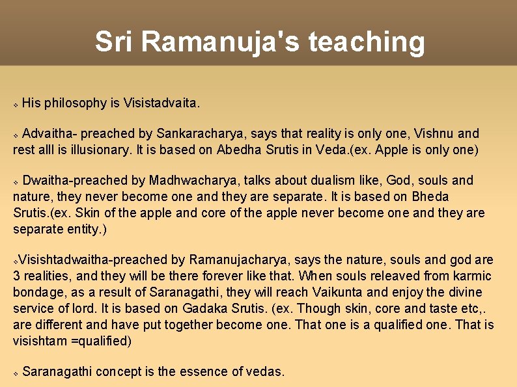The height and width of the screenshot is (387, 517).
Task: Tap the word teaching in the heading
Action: click(x=367, y=42)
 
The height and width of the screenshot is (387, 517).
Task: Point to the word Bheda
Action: click(x=431, y=196)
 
